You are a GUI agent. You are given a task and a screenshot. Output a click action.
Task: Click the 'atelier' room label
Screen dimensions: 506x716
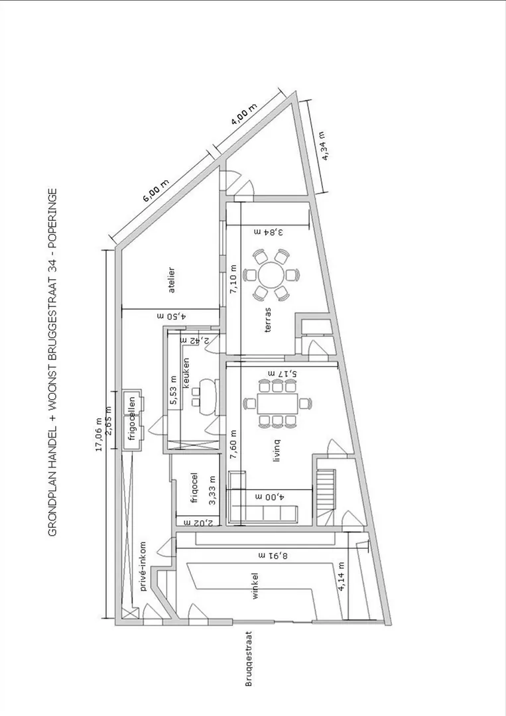pos(172,280)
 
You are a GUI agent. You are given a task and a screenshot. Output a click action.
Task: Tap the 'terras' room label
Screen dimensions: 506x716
pos(268,320)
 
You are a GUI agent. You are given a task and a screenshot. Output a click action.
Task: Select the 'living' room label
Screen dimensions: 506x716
pos(277,450)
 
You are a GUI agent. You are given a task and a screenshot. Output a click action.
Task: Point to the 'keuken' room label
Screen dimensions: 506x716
pos(186,373)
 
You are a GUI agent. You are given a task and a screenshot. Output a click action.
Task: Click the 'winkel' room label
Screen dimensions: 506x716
pos(255,586)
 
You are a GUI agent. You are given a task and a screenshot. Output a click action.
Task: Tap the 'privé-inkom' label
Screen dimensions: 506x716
pos(143,566)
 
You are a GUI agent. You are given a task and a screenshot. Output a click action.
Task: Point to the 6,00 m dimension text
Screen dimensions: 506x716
pos(156,191)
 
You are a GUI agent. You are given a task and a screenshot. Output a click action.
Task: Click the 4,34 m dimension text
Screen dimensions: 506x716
pos(324,146)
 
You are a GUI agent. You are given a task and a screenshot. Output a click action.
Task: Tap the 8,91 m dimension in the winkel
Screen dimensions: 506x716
pos(274,556)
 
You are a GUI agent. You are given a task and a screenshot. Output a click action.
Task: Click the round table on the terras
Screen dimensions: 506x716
pos(271,274)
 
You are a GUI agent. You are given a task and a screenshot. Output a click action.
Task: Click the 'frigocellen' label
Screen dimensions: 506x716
pos(133,419)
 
